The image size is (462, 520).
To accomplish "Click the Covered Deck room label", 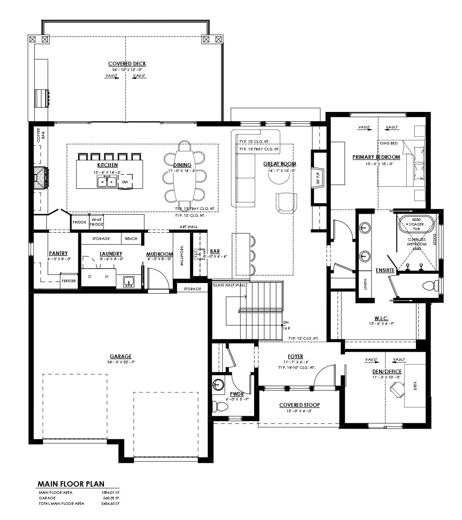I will click(x=127, y=64).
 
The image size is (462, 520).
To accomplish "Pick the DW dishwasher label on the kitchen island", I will click(x=125, y=182).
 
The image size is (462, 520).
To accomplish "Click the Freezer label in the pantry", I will click(x=69, y=281).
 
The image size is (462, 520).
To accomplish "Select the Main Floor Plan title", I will click(x=71, y=484).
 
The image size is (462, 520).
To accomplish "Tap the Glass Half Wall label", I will click(x=229, y=285).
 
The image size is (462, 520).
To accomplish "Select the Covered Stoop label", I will click(x=299, y=405).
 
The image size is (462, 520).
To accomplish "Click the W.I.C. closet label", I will click(x=381, y=318).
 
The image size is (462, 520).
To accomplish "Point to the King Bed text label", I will click(x=388, y=143).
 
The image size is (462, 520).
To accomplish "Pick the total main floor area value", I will click(x=111, y=503).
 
